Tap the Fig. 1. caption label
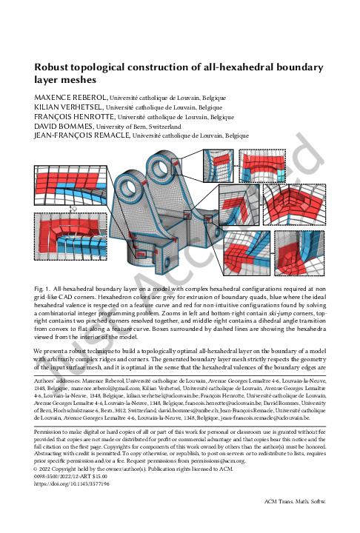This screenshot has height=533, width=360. [x=43, y=286]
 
